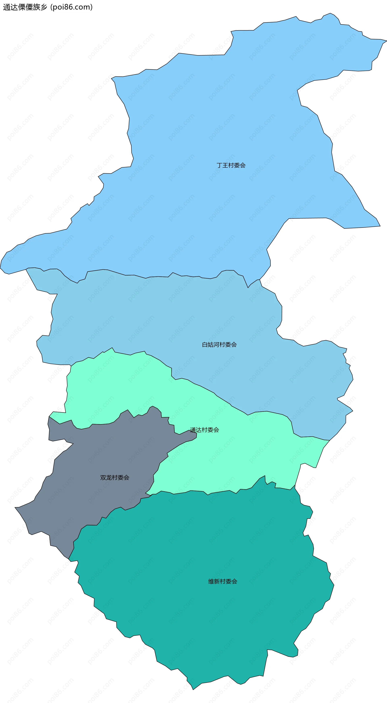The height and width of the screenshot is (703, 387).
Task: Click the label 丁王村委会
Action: [231, 165]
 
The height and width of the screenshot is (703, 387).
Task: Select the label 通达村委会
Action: [204, 430]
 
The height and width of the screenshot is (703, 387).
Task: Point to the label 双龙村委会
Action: [115, 478]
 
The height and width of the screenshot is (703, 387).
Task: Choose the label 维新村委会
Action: [223, 581]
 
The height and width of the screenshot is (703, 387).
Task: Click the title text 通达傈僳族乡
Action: [25, 7]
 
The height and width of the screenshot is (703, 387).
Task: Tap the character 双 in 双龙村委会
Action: [103, 478]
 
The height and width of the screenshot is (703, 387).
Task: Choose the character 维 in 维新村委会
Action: [211, 581]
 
